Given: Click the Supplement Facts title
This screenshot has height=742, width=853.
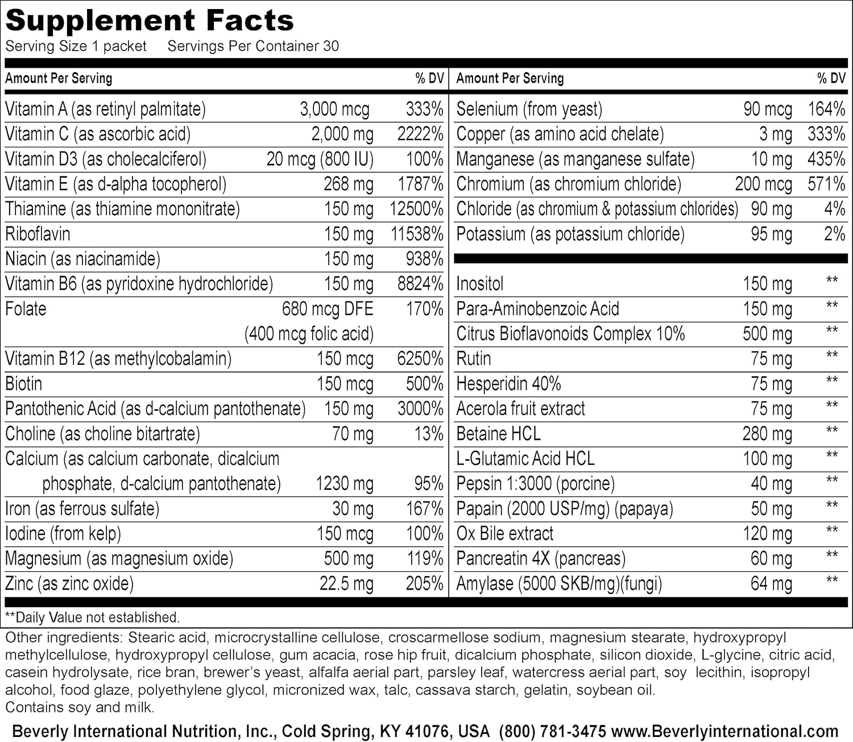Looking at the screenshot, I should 150,21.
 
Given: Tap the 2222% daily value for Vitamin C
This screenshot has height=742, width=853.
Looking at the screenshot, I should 420,134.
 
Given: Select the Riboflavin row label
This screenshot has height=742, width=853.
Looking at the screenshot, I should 38,234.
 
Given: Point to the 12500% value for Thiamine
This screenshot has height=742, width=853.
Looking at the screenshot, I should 416,209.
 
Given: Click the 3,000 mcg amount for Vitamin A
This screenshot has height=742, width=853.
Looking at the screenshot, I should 334,109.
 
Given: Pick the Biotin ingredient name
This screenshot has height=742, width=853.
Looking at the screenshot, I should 24,384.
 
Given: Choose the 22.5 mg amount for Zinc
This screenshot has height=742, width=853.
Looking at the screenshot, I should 346,584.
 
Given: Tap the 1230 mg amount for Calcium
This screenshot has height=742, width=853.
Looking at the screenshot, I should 345,484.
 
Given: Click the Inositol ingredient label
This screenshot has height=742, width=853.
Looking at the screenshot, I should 480,283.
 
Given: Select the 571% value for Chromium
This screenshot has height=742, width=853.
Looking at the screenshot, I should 826,184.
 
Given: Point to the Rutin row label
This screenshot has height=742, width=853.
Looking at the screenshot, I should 474,358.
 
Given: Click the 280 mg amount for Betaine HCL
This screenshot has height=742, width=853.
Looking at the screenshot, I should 767,434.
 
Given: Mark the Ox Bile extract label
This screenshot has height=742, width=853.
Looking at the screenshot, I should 505,534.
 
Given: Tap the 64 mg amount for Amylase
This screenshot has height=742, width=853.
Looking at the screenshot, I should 771,584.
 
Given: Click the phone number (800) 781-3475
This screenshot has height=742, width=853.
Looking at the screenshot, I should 553,731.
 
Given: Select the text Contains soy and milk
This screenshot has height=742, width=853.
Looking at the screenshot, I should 80,708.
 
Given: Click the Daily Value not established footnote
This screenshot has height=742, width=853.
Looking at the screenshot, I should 92,617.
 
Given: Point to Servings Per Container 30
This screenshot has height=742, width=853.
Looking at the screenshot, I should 253,46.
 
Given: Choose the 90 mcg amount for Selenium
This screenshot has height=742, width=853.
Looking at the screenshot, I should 768,109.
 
